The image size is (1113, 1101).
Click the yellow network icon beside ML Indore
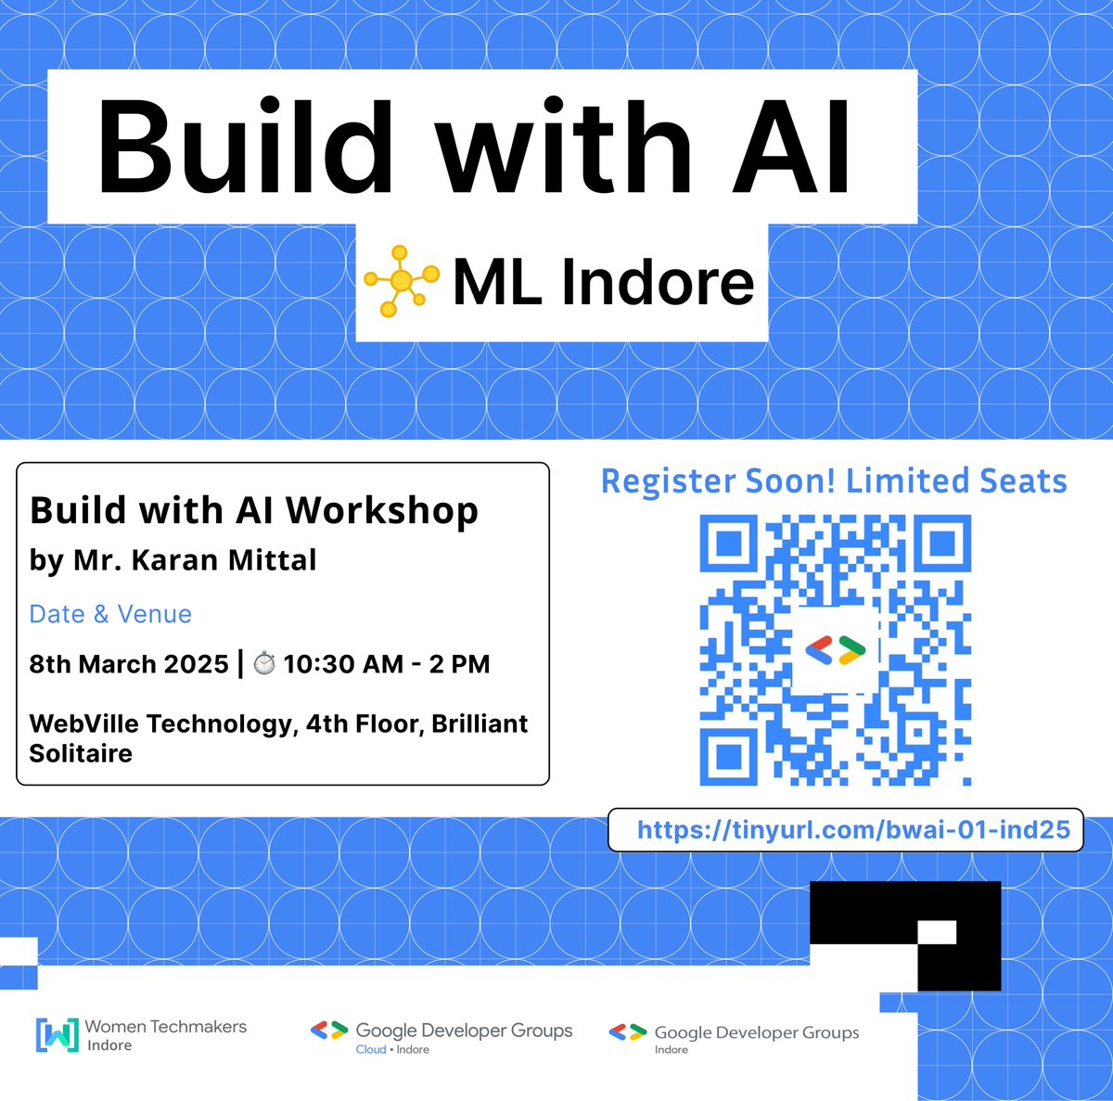(401, 280)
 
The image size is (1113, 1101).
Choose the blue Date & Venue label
(110, 614)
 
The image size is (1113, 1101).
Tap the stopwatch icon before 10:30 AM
(264, 664)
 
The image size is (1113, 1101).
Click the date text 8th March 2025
(129, 664)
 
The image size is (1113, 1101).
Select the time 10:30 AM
(343, 664)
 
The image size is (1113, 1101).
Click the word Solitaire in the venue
(81, 753)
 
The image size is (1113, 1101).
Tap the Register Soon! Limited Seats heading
(834, 481)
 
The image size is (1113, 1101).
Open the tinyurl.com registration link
(853, 828)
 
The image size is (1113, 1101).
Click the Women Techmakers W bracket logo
(57, 1035)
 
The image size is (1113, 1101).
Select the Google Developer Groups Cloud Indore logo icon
(328, 1030)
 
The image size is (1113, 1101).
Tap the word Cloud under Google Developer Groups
(371, 1050)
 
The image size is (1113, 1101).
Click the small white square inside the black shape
(937, 931)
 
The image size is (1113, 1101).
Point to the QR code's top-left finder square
(726, 543)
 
